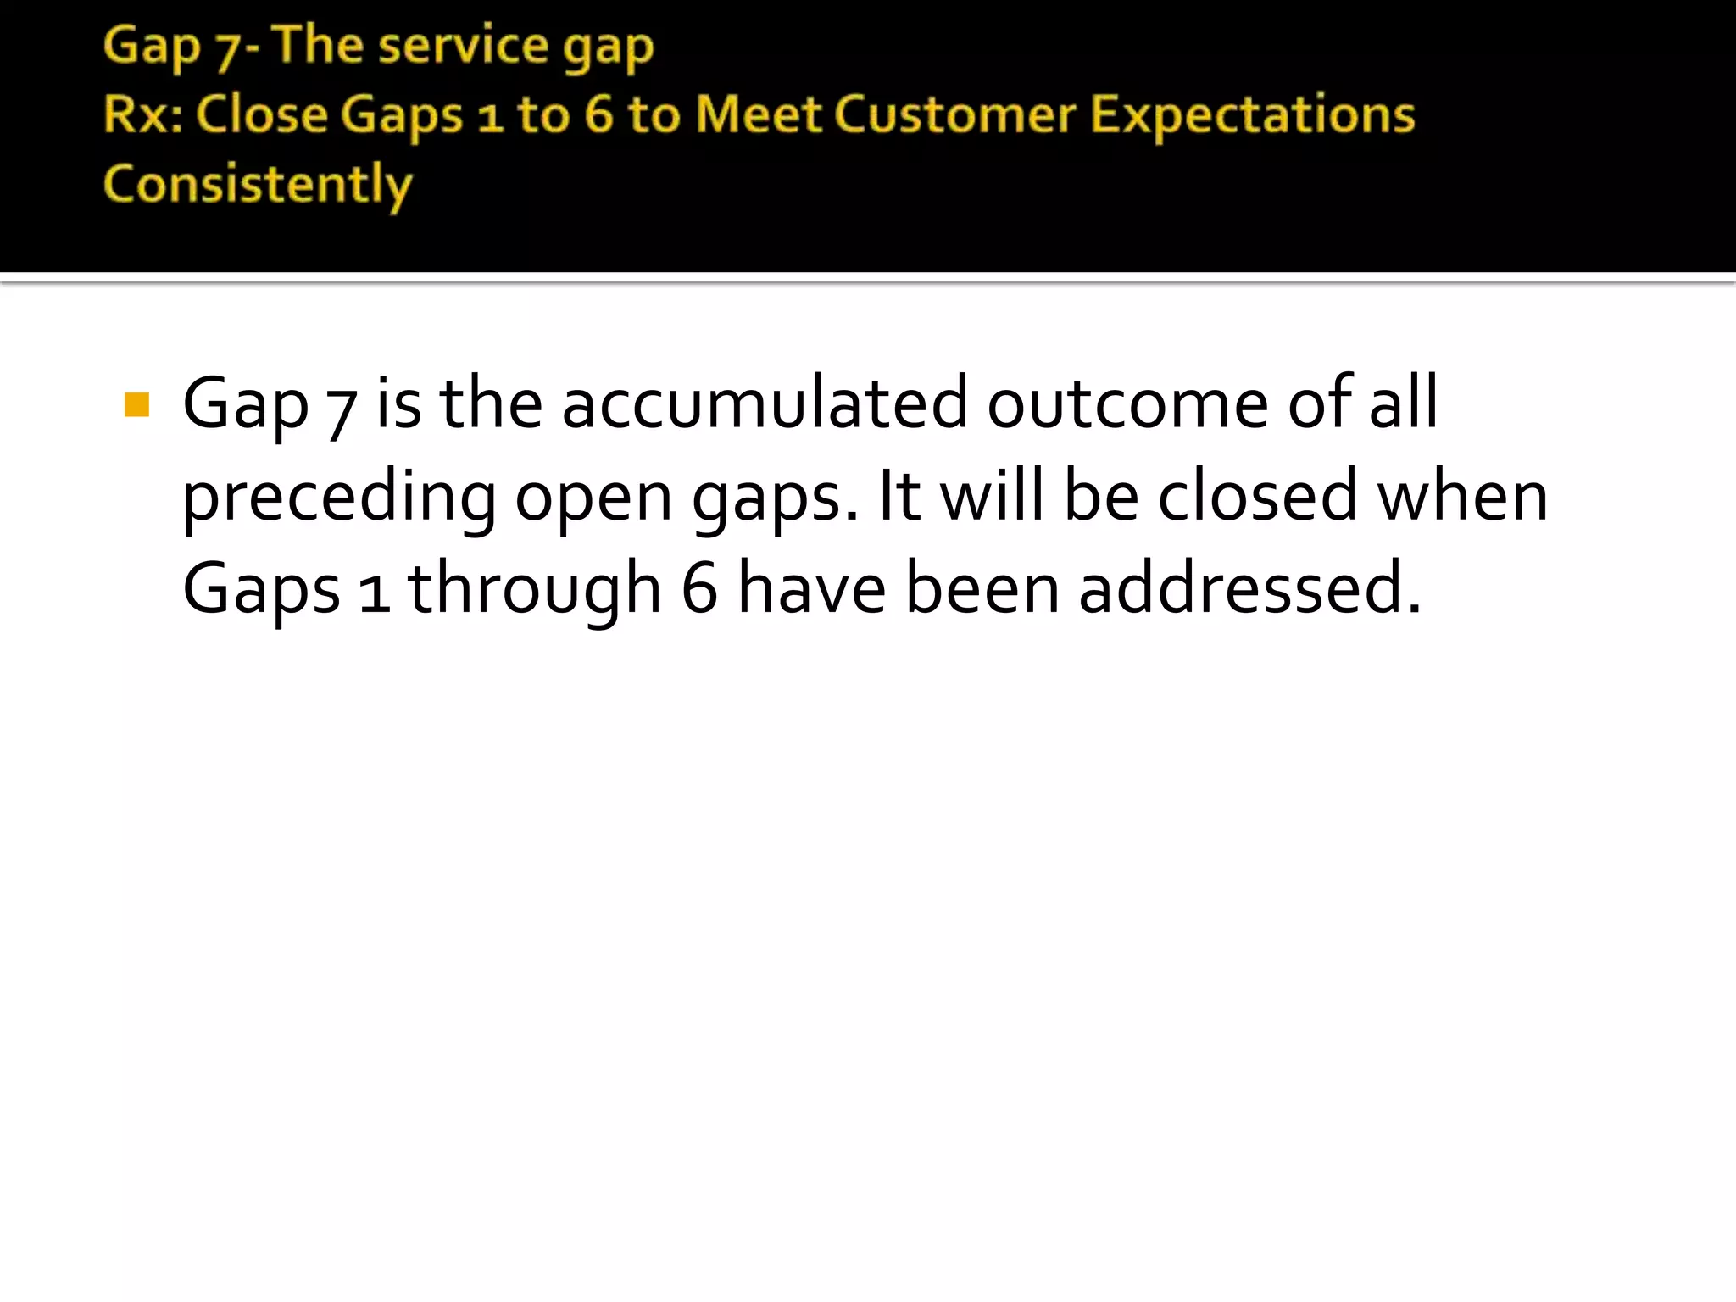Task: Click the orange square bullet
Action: coord(136,405)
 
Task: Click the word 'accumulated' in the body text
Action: coord(764,403)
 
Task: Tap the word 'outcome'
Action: coord(1127,403)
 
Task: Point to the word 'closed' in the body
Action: coord(1257,497)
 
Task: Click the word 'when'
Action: coord(1462,497)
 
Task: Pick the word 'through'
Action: coord(534,590)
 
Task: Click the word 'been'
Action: coord(982,589)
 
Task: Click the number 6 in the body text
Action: coord(699,589)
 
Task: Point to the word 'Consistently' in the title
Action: coord(258,185)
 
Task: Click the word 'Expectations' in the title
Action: coord(1252,115)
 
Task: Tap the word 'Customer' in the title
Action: coord(954,114)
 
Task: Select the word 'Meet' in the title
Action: coord(758,114)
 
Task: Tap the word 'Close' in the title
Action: coord(262,114)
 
